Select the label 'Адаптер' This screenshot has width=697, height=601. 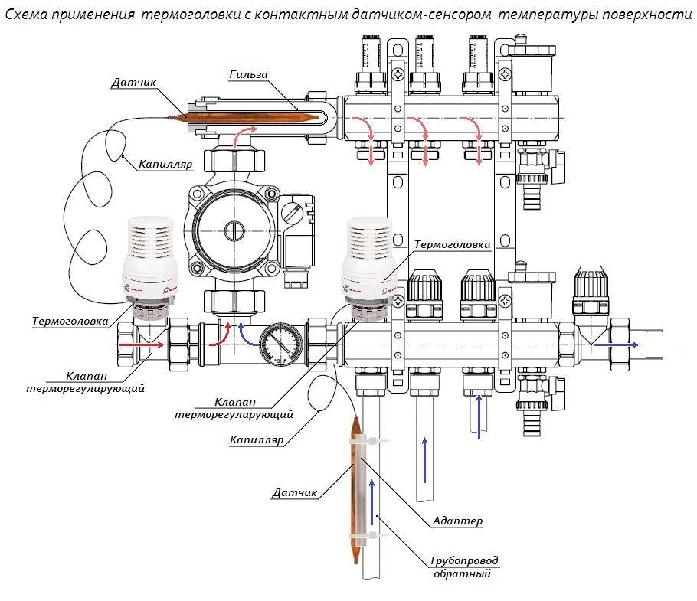pos(458,521)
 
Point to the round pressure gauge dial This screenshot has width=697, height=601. pos(275,344)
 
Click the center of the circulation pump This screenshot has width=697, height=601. pos(231,230)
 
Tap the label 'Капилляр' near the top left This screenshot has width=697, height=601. pos(165,163)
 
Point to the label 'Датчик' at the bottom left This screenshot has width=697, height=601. pos(294,493)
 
